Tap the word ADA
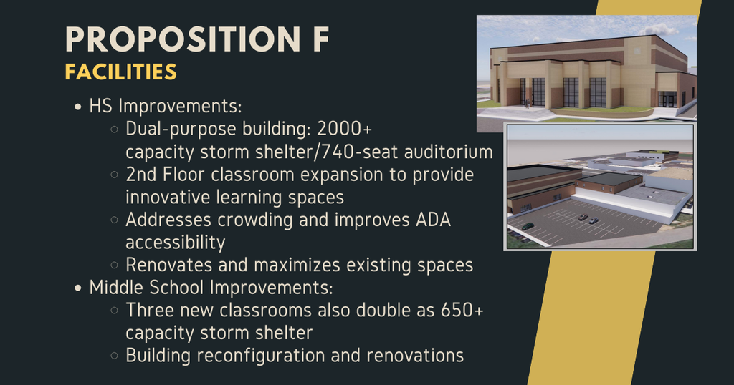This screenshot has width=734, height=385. click(x=433, y=220)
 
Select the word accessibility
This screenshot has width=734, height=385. click(x=176, y=242)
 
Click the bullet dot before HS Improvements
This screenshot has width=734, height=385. click(x=78, y=107)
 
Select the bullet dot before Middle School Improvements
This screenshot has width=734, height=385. click(x=78, y=288)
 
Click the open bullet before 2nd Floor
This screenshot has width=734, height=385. click(x=115, y=175)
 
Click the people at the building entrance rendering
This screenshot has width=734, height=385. click(x=528, y=102)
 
